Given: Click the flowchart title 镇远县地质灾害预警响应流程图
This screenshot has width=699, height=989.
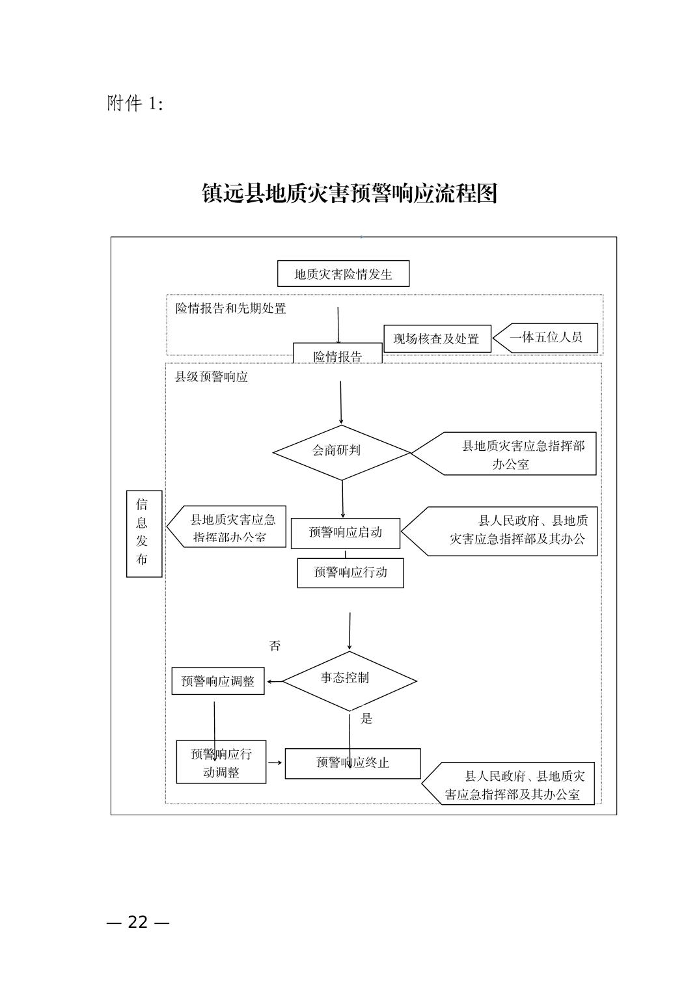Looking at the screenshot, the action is coord(349,193).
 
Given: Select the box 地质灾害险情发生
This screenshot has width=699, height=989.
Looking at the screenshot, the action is coord(343,274).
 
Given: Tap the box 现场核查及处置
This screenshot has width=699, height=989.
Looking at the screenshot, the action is coord(437,338).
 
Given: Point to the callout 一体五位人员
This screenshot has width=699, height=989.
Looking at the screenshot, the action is coord(545,338).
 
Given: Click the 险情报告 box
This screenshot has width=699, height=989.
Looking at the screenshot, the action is coord(338,353).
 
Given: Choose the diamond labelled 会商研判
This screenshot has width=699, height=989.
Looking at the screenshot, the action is coord(342,453).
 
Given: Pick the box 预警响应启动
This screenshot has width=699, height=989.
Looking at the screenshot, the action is coord(346,534).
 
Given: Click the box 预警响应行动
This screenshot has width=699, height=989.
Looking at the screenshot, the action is coord(350,573).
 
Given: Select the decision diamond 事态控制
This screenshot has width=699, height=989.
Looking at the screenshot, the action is coord(349,681).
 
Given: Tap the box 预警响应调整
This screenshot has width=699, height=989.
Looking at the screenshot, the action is coord(217,681).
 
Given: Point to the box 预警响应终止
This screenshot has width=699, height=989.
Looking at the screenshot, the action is coord(353,763).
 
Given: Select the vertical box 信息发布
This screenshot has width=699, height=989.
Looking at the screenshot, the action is coord(144,534).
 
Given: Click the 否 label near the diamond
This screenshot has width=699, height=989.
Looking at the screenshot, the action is coord(275,645).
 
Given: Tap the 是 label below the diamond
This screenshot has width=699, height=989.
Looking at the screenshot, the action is coord(366,718).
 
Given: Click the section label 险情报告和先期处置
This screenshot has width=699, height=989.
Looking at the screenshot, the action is coord(230,308).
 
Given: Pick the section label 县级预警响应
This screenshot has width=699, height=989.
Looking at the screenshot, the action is coord(212,377).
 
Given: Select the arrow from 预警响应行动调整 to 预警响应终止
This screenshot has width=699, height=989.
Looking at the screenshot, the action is coord(275,763).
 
